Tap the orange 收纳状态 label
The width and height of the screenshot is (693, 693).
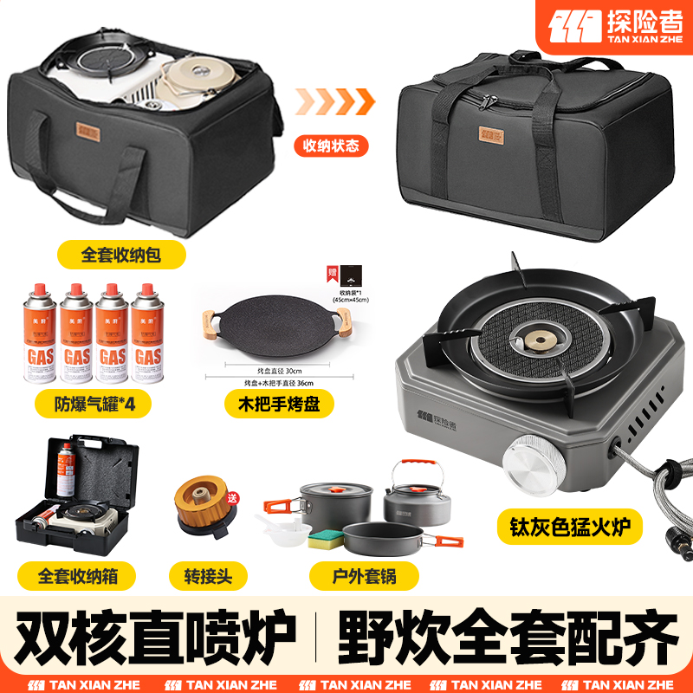tap(329, 145)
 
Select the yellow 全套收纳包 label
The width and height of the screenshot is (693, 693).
tap(121, 255)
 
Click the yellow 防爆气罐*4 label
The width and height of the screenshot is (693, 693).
tap(83, 403)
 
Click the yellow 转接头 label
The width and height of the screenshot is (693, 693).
tap(208, 573)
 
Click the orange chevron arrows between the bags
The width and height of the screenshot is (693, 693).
tap(333, 102)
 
